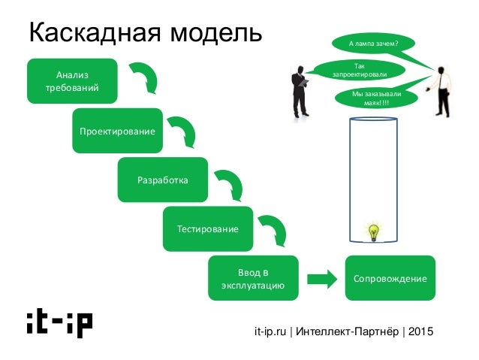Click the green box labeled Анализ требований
72,80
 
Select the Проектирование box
118,131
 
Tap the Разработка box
163,180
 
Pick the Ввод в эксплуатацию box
254,278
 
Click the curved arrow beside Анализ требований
145,77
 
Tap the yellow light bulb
372,233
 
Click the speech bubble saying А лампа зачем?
373,44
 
